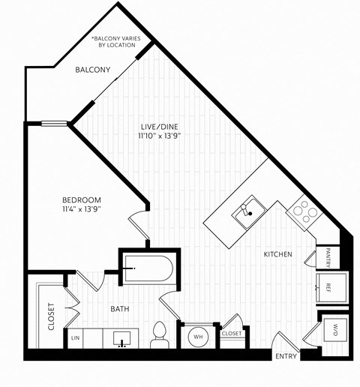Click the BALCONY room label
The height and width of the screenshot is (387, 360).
click(x=93, y=70)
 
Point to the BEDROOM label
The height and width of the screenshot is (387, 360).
click(x=81, y=199)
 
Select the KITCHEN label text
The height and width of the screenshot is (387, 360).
click(x=277, y=255)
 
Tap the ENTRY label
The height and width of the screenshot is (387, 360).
click(x=286, y=355)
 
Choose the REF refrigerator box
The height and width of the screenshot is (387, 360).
click(x=329, y=287)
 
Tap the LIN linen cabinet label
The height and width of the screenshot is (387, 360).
click(x=75, y=338)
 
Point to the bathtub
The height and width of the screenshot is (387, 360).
click(x=148, y=269)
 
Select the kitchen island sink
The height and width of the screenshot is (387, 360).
click(x=246, y=211)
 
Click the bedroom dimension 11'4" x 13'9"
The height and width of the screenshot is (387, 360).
click(x=81, y=209)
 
